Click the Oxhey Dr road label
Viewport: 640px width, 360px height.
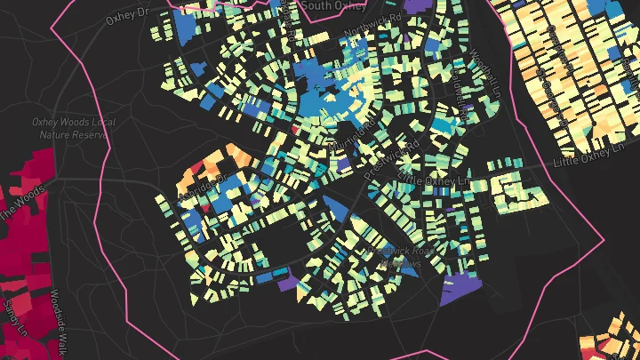(x=130, y=16)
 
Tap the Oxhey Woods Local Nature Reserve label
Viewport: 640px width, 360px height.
(x=69, y=128)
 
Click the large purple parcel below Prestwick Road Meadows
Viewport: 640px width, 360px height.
(x=459, y=289)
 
